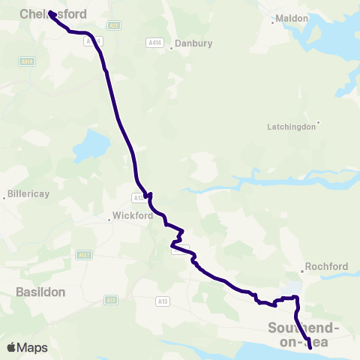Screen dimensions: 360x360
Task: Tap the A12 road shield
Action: pos(114,25)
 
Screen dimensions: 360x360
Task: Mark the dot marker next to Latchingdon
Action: pos(319,122)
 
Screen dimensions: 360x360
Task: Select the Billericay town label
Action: pos(28,194)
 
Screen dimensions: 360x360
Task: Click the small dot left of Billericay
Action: pos(5,198)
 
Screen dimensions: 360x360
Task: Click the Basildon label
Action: pos(40,291)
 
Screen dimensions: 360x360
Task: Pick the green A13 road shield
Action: pos(163,301)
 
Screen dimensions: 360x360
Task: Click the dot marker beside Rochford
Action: pos(303,270)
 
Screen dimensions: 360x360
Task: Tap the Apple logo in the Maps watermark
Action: pos(12,347)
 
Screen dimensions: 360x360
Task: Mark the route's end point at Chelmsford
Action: pos(51,13)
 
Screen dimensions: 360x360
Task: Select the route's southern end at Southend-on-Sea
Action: pos(310,347)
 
